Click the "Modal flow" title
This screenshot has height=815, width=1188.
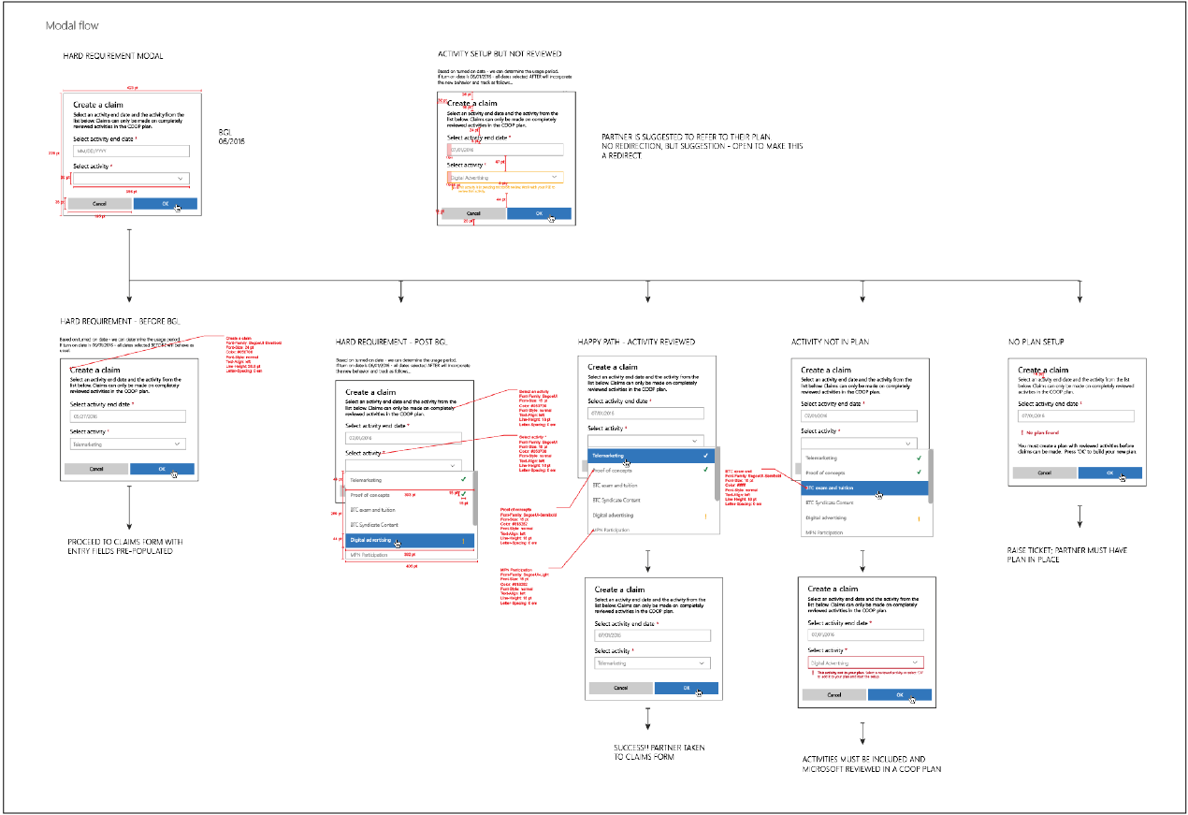72,25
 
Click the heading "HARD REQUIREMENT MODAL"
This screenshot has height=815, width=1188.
113,56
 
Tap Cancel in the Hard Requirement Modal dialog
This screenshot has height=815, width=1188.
100,203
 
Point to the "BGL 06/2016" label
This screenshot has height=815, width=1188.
231,137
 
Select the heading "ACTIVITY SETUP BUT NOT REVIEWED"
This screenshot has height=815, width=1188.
500,54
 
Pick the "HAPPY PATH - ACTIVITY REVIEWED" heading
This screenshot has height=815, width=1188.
637,342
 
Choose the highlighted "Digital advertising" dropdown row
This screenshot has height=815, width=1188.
410,540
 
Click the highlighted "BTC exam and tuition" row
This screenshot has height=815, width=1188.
864,488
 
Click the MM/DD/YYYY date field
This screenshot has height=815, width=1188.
131,151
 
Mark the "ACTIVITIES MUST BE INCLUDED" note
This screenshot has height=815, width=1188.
872,764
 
